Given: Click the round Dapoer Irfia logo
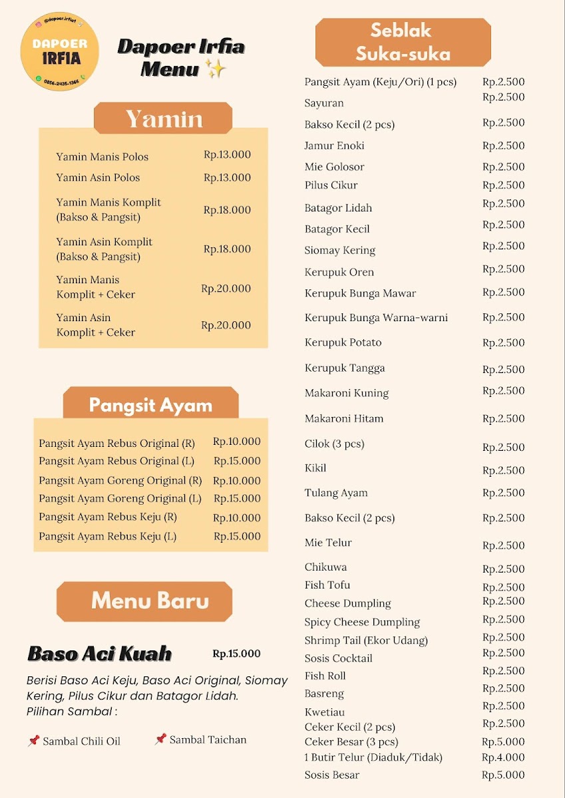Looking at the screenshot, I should pos(60,53).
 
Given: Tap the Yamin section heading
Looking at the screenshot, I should pos(164,119).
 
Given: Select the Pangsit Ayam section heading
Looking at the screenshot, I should pos(150,405).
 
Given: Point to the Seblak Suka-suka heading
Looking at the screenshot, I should pos(403,42).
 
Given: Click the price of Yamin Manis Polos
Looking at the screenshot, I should pos(227,155).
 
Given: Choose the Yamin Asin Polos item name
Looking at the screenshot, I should pos(98,178).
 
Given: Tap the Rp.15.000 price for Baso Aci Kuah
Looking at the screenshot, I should pos(236,654).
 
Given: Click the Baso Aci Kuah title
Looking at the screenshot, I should pos(100,654).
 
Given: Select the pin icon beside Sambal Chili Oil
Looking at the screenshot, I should pos(33,740).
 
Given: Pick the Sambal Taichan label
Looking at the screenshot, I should pos(208,739).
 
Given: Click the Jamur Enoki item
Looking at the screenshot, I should pos(334,146).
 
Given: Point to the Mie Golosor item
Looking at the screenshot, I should pos(334,167).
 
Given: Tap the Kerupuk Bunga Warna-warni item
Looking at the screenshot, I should pos(376,318).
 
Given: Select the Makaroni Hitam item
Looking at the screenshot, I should pos(344,419).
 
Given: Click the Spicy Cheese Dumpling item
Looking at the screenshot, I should pos(362,622).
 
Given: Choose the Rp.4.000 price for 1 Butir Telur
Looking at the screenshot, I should pos(503,757).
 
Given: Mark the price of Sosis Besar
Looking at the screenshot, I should pos(503,775).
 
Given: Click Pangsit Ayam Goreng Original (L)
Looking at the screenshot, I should pos(120,499).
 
